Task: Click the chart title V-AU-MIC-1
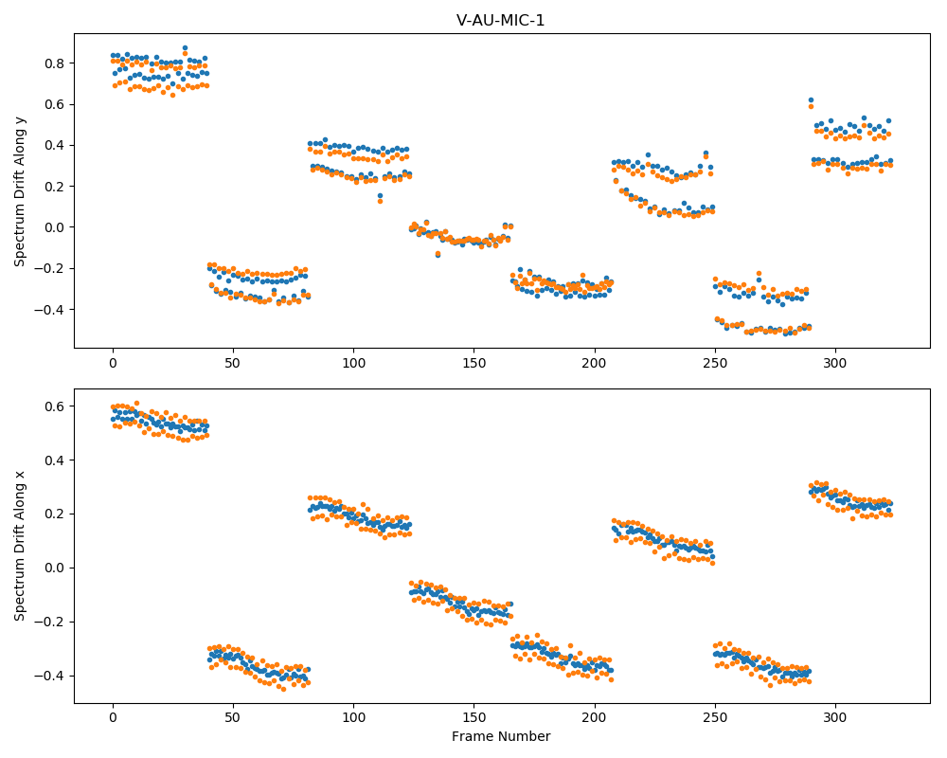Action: click(501, 21)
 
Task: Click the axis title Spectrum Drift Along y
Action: click(20, 190)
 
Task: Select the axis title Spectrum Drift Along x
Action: click(20, 546)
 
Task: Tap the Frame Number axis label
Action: click(501, 736)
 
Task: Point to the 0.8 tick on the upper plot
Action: click(57, 63)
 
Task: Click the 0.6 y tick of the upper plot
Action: click(57, 104)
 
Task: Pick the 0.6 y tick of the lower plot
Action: click(57, 406)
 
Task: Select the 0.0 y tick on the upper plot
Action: click(57, 227)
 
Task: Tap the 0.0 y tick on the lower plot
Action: click(57, 568)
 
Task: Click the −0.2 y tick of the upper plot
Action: click(51, 268)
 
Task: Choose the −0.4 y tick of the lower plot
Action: click(51, 676)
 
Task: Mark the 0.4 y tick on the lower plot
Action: click(57, 460)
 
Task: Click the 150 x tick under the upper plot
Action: click(474, 363)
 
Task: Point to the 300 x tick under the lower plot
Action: click(835, 718)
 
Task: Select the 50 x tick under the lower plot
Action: click(233, 718)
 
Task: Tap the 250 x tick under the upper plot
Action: click(715, 363)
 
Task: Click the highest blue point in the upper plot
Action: click(185, 47)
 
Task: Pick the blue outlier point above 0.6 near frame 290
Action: click(812, 100)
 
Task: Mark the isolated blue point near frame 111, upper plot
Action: click(380, 196)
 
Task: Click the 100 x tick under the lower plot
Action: click(354, 718)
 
